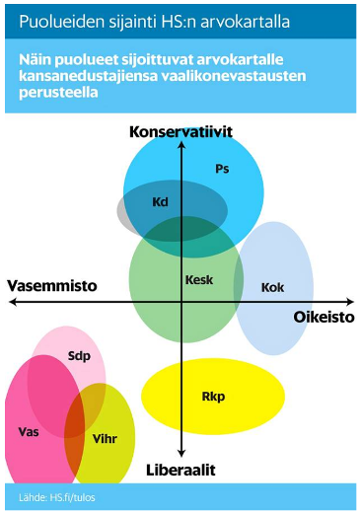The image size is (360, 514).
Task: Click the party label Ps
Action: click(x=222, y=169)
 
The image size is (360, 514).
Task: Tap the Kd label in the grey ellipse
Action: click(x=161, y=202)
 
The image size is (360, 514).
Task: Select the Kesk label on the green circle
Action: click(x=199, y=280)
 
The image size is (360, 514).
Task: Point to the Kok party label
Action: click(x=272, y=287)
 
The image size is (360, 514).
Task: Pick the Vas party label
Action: click(x=28, y=431)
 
